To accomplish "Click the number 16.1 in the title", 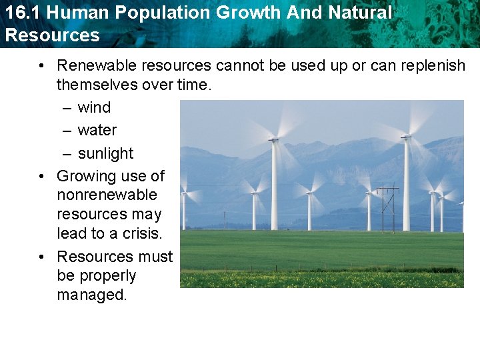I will point(20,12).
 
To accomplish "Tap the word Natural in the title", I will point(361,12).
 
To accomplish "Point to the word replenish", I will point(434,66).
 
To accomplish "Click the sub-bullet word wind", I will point(94,107).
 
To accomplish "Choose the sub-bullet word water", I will point(97,130).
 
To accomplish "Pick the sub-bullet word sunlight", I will point(105,153).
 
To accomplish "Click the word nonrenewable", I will point(107,195).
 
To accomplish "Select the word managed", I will point(91,295).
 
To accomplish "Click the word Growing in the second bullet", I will point(83,176).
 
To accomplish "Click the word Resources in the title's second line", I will point(52,35).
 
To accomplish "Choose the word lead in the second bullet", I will point(71,234).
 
